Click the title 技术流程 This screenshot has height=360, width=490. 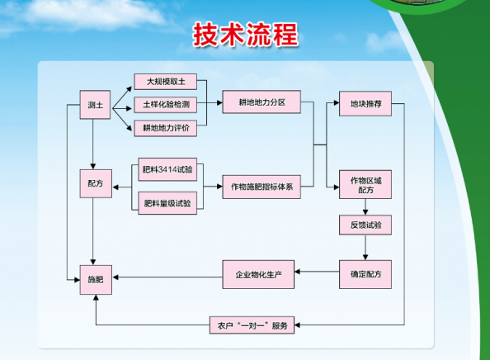coord(245,35)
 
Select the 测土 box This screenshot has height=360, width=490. coord(96,106)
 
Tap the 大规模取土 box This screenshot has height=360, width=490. coord(166,82)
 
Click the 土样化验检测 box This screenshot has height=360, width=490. coord(166,105)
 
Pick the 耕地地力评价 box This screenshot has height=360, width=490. coord(166,128)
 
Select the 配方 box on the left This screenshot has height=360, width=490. coord(96,183)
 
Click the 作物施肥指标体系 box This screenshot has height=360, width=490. coord(261,186)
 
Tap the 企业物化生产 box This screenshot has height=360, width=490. coord(259,273)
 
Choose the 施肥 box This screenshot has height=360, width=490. coord(96,279)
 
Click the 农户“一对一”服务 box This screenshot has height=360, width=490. coord(250,325)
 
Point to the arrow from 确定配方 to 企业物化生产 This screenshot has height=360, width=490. coord(317,273)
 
